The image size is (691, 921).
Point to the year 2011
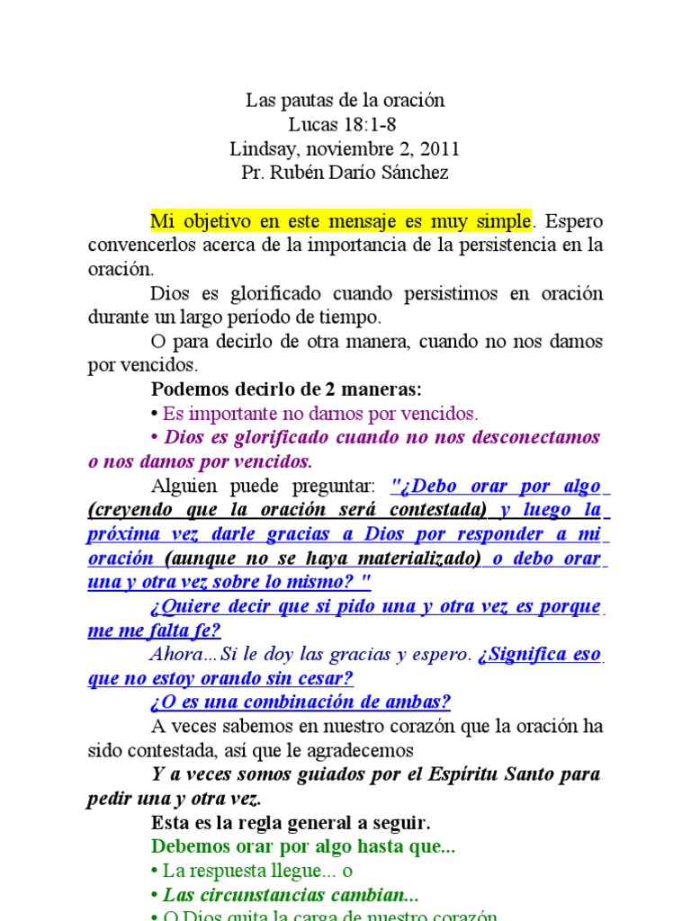[440, 148]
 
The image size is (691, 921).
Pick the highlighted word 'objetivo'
[218, 220]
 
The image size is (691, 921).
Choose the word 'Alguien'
[184, 487]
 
